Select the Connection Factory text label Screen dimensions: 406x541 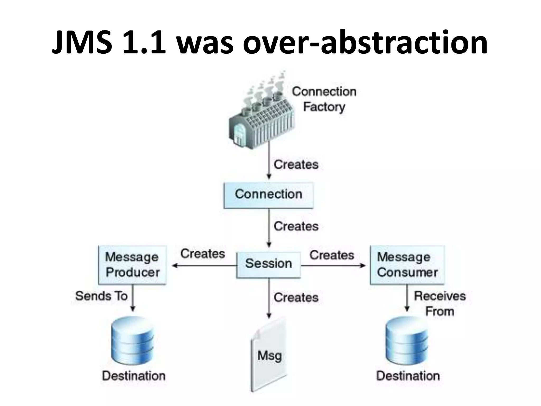(x=324, y=99)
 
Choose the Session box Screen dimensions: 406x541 (x=268, y=264)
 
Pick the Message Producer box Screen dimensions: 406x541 (x=132, y=265)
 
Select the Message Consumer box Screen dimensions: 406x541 (x=407, y=265)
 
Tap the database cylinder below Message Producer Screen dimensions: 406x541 (x=133, y=341)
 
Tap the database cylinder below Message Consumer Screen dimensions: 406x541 (x=407, y=341)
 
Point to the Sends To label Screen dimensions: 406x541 (x=101, y=296)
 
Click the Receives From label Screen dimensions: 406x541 (x=440, y=303)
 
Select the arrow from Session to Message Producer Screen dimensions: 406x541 (x=204, y=266)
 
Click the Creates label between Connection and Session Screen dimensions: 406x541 (x=296, y=227)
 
